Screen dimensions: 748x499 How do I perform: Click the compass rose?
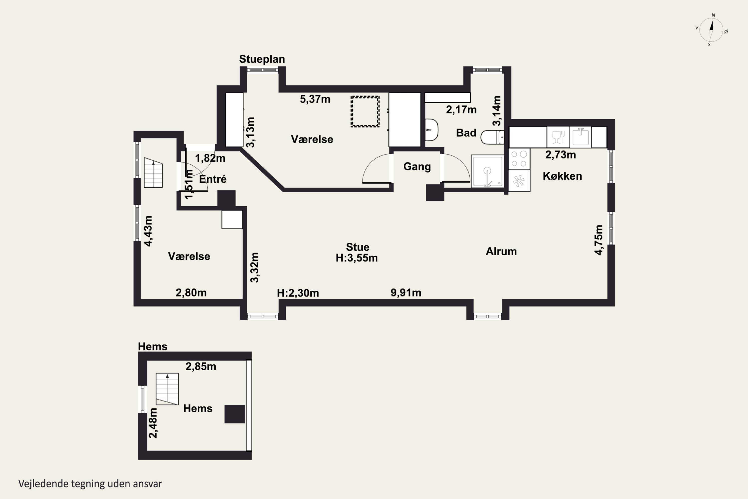pos(711,30)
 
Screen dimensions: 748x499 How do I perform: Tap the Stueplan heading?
pos(262,59)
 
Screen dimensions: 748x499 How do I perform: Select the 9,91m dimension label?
pos(406,292)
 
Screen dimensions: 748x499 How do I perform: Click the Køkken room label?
pos(562,176)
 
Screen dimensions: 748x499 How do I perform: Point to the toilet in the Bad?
pos(492,137)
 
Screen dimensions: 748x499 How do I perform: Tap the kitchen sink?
pos(580,137)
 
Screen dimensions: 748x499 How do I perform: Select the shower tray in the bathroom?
pos(487,171)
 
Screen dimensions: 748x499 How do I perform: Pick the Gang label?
pos(417,166)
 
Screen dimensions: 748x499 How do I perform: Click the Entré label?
pos(213,179)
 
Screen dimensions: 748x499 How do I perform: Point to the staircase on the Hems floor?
pos(167,389)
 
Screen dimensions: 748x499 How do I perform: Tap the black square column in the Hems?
pos(235,414)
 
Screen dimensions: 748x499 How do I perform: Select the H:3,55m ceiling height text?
pos(357,258)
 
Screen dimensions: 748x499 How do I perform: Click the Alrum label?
pos(501,251)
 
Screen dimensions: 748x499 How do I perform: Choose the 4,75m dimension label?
pos(599,240)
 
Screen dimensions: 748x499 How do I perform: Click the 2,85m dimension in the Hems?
pos(201,366)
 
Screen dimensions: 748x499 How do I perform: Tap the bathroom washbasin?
pos(432,130)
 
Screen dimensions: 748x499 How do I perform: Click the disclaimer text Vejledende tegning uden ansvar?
pos(90,484)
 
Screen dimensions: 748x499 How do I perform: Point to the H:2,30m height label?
pos(298,293)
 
